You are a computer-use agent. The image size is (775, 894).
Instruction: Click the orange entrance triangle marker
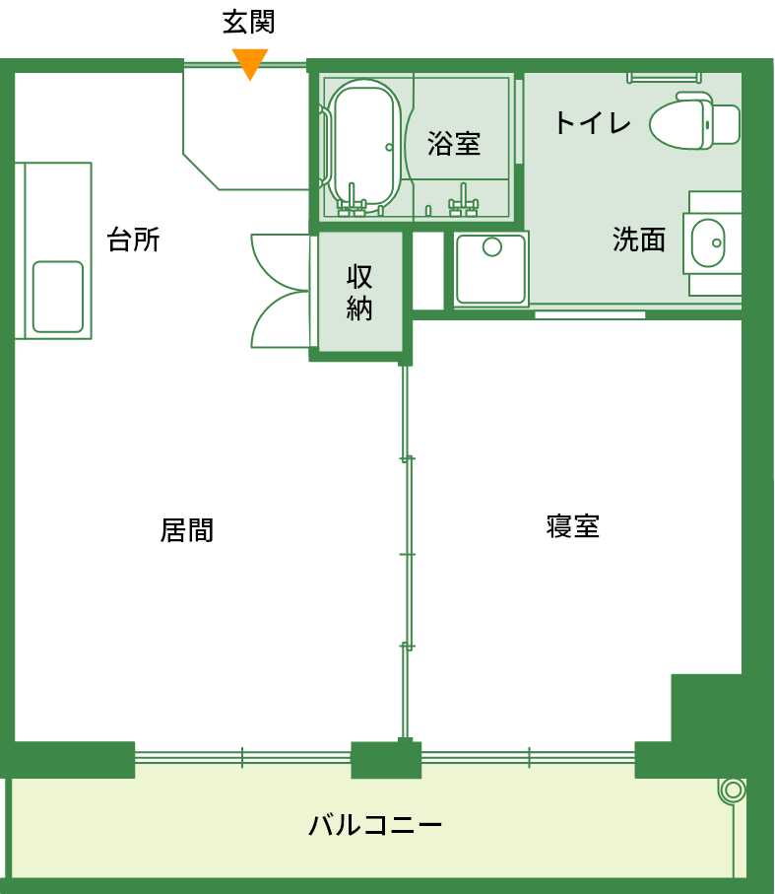click(250, 62)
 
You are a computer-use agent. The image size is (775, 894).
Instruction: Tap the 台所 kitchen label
click(133, 240)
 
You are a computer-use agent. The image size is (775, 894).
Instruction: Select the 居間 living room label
click(187, 530)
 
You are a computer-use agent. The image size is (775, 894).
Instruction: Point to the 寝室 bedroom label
click(572, 525)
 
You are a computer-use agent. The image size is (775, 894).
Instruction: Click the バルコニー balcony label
click(375, 824)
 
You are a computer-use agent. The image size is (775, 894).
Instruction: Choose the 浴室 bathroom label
click(454, 144)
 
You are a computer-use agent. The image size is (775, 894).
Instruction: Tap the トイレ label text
click(592, 123)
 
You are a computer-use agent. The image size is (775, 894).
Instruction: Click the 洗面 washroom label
click(639, 240)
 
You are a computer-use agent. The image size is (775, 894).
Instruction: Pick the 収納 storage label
click(359, 293)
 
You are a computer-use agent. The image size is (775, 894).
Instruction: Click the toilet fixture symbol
click(694, 121)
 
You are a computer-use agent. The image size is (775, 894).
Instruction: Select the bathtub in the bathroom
click(363, 144)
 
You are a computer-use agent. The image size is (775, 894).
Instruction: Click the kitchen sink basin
click(58, 297)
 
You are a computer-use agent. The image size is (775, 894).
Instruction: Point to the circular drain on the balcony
click(732, 790)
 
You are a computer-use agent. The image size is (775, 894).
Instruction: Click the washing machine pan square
click(491, 268)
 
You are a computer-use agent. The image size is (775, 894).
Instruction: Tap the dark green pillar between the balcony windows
click(386, 759)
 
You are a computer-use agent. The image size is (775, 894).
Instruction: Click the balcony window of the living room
click(242, 758)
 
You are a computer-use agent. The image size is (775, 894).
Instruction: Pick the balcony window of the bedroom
click(529, 758)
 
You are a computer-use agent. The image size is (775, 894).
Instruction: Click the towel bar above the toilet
click(663, 76)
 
